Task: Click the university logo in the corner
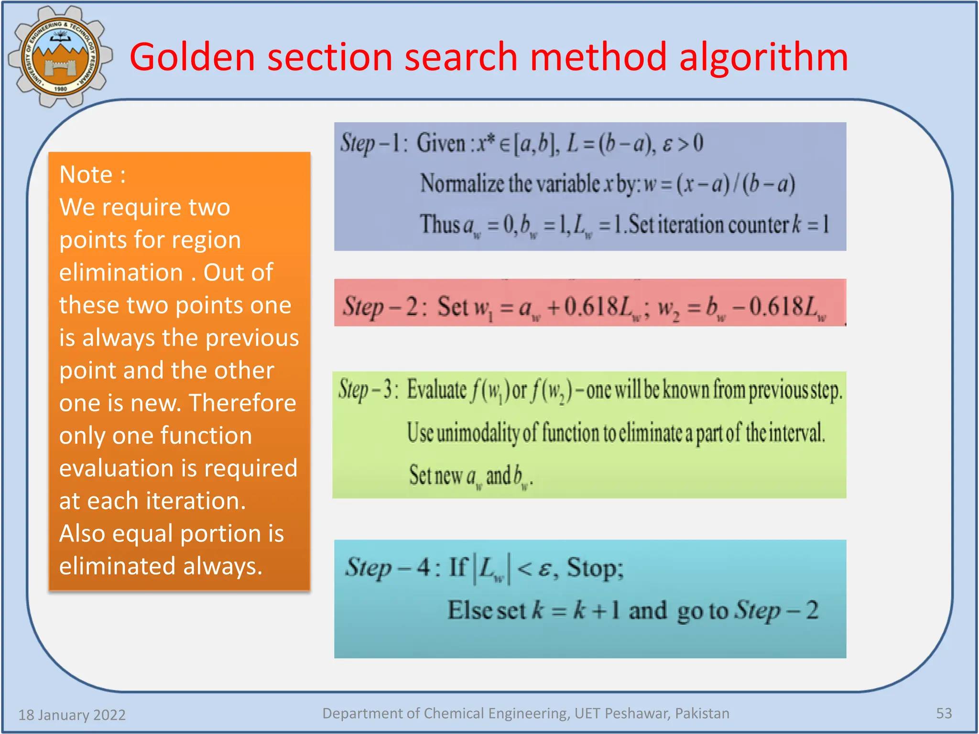tap(60, 56)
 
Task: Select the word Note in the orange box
tap(86, 174)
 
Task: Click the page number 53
tap(944, 713)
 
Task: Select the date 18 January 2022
tap(72, 714)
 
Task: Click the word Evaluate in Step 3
tap(436, 389)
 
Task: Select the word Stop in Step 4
tap(595, 568)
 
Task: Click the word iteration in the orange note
tap(196, 501)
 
